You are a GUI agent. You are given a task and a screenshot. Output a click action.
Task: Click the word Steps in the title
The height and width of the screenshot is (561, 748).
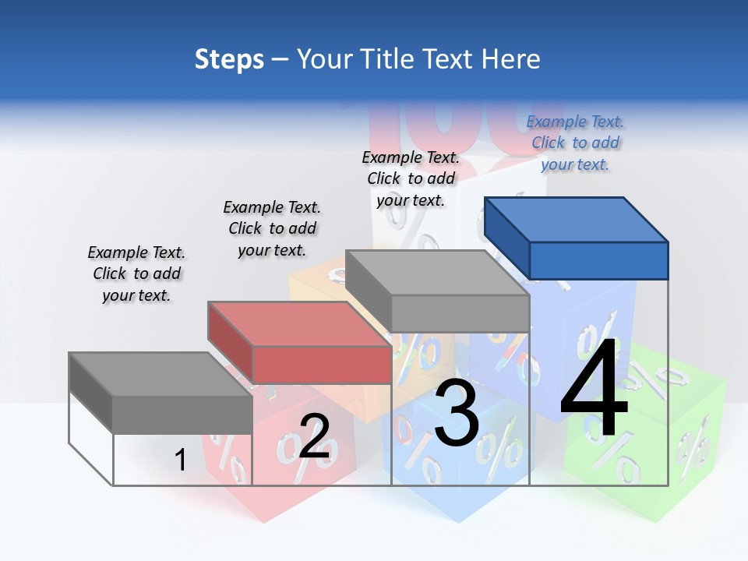pyautogui.click(x=229, y=59)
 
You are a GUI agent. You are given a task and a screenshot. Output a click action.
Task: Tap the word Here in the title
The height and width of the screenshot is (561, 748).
pyautogui.click(x=512, y=59)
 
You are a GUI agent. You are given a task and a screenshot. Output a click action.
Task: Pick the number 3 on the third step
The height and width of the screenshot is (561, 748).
pyautogui.click(x=456, y=414)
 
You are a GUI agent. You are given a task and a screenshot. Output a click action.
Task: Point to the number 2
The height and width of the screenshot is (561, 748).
pyautogui.click(x=314, y=436)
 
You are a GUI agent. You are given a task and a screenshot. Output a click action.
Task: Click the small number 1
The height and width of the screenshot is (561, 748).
pyautogui.click(x=180, y=460)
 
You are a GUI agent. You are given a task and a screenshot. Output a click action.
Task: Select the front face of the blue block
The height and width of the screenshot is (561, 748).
pyautogui.click(x=598, y=260)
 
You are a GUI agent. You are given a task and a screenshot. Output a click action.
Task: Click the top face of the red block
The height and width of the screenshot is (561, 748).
pyautogui.click(x=299, y=323)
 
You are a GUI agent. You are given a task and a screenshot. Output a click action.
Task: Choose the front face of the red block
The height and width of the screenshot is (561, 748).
pyautogui.click(x=321, y=365)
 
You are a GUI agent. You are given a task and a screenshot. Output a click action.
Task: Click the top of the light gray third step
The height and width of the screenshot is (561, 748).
pyautogui.click(x=436, y=272)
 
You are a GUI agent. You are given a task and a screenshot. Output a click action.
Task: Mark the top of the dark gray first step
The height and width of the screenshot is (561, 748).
pyautogui.click(x=161, y=374)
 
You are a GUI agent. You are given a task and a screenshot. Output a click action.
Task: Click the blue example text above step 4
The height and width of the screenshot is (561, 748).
pyautogui.click(x=575, y=143)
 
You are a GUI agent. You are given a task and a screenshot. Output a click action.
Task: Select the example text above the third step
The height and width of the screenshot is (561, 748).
pyautogui.click(x=411, y=178)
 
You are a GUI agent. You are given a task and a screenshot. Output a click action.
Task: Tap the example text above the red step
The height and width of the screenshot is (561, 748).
pyautogui.click(x=272, y=228)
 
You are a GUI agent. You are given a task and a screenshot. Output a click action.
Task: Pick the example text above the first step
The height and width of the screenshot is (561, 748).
pyautogui.click(x=136, y=273)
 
